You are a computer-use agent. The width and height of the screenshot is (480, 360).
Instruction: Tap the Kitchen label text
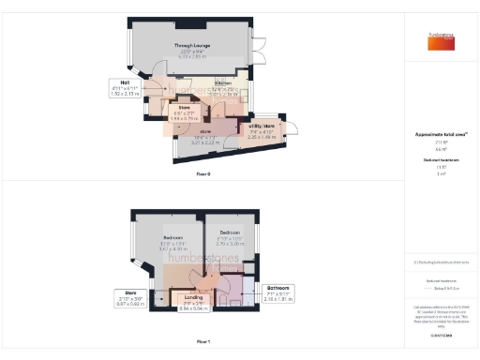coord(223,83)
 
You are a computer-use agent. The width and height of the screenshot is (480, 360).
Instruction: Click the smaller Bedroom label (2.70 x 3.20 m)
coord(230,232)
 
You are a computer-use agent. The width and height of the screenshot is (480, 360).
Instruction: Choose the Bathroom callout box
coord(277,292)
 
